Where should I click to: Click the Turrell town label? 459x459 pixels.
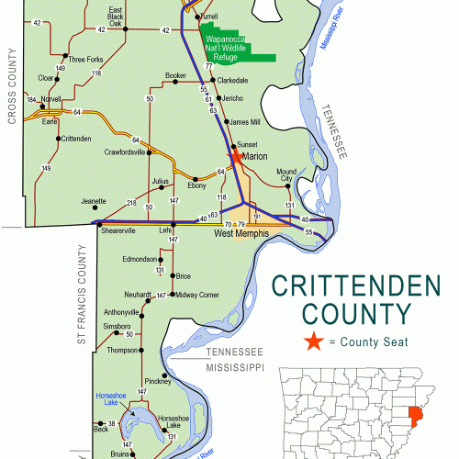tap(208, 17)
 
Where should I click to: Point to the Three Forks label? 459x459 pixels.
tap(85, 60)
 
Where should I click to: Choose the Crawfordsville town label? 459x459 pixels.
tap(126, 152)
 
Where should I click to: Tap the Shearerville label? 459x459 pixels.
tap(118, 230)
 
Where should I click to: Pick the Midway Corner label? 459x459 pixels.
tap(197, 295)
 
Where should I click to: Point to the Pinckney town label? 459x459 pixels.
tap(157, 380)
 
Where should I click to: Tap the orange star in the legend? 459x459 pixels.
tap(314, 341)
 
